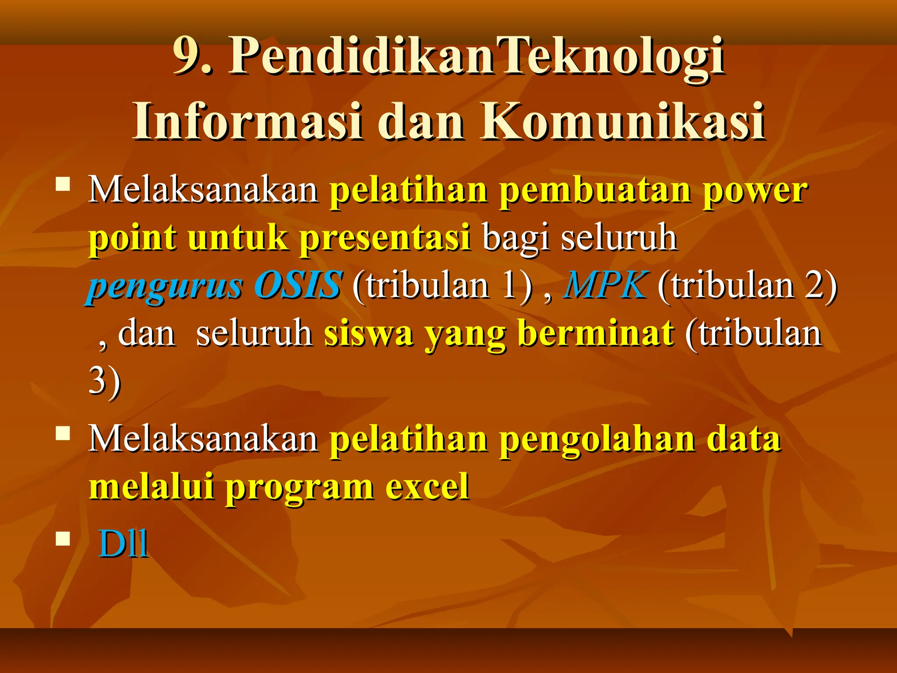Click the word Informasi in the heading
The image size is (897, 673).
(247, 121)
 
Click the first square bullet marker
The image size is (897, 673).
(63, 184)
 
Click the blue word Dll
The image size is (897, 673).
(123, 544)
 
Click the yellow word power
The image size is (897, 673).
(755, 191)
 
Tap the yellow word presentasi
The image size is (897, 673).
(385, 239)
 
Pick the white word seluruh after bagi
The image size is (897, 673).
(619, 239)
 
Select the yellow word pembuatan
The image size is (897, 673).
(595, 191)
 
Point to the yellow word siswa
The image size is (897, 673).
(368, 333)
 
